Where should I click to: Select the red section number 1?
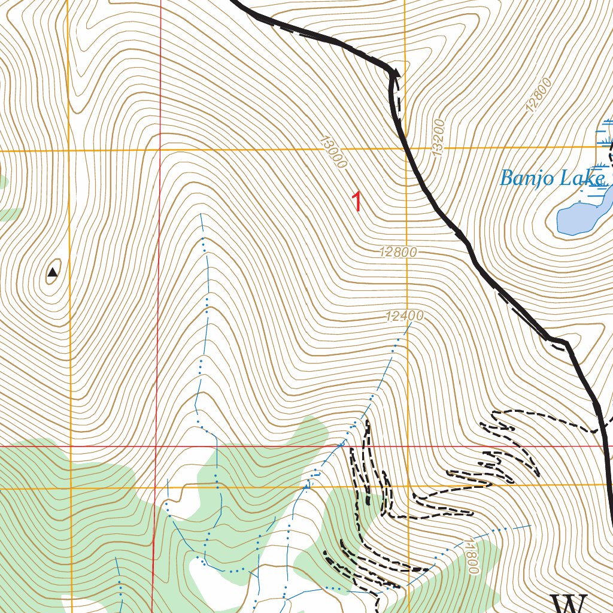coord(357,202)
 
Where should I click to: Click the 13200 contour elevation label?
coord(439,138)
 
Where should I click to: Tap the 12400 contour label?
coord(405,316)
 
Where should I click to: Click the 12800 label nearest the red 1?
coord(398,253)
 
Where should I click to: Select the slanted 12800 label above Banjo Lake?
coord(537,98)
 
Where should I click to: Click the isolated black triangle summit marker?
coord(53,273)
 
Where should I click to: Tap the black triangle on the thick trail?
coord(394,73)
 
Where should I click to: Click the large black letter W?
coord(569,603)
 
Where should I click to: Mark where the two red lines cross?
coord(157,447)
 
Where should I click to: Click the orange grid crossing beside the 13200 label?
coord(405,147)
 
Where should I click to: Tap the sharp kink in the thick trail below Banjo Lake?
coord(563,342)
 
